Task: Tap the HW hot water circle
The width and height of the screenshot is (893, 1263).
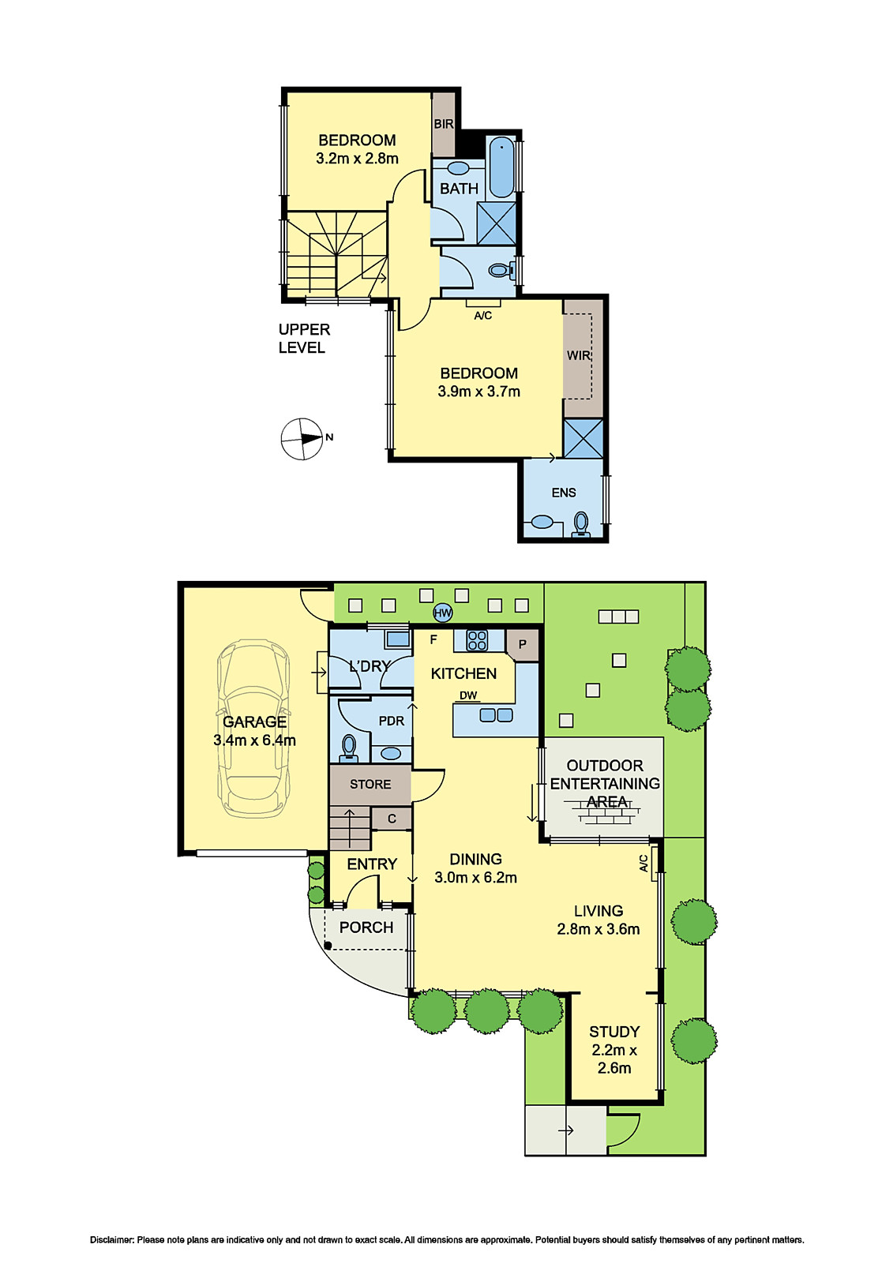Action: tap(442, 613)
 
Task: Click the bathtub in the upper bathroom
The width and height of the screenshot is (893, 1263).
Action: tap(501, 167)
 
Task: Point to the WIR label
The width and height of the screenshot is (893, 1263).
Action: tap(578, 356)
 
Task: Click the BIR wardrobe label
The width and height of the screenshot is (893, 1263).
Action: tap(444, 124)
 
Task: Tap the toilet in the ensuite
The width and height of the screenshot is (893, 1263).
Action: tap(581, 524)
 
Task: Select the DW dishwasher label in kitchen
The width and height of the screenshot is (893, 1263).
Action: tap(468, 695)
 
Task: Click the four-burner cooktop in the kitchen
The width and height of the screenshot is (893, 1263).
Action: tap(477, 640)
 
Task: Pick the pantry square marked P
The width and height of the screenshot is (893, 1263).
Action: tap(522, 645)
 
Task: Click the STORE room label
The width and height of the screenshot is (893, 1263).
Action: tap(370, 785)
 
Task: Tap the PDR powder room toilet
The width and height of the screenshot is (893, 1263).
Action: tap(349, 746)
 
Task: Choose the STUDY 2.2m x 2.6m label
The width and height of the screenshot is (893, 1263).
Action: tap(614, 1050)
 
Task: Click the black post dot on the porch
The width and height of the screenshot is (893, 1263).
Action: tap(328, 945)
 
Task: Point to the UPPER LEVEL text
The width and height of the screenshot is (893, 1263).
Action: tap(304, 339)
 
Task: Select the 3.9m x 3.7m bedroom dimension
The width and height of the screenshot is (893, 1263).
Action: tap(478, 392)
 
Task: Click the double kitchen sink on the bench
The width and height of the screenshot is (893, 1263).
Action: tap(496, 715)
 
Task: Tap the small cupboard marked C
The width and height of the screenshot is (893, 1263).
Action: tap(392, 819)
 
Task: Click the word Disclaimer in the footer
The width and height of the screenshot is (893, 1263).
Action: tap(112, 1240)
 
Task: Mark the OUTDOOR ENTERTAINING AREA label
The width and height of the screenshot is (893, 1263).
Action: tap(605, 783)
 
